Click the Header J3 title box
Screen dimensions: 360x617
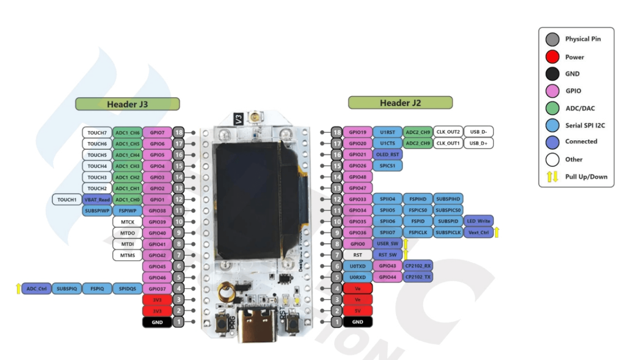[x=128, y=104]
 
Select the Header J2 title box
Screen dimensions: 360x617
[x=401, y=103]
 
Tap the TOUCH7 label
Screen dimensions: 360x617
[x=97, y=133]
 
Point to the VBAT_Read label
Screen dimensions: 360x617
[x=97, y=200]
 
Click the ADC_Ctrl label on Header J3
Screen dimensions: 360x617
[x=37, y=289]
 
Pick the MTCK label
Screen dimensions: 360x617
[x=128, y=222]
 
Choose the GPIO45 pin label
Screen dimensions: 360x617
[x=157, y=266]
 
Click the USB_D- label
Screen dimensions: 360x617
[x=479, y=132]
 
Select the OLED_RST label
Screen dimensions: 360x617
[x=387, y=155]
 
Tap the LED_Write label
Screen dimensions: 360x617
[x=478, y=221]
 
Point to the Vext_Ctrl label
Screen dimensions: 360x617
[x=478, y=232]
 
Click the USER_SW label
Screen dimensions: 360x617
[x=387, y=244]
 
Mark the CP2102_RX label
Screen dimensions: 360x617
[x=418, y=266]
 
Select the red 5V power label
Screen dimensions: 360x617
[x=357, y=311]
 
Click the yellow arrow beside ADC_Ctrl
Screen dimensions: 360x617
[x=19, y=289]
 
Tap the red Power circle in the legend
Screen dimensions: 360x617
[x=553, y=57]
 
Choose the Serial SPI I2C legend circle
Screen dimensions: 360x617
[x=553, y=124]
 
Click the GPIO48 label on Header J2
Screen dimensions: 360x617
[x=357, y=177]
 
